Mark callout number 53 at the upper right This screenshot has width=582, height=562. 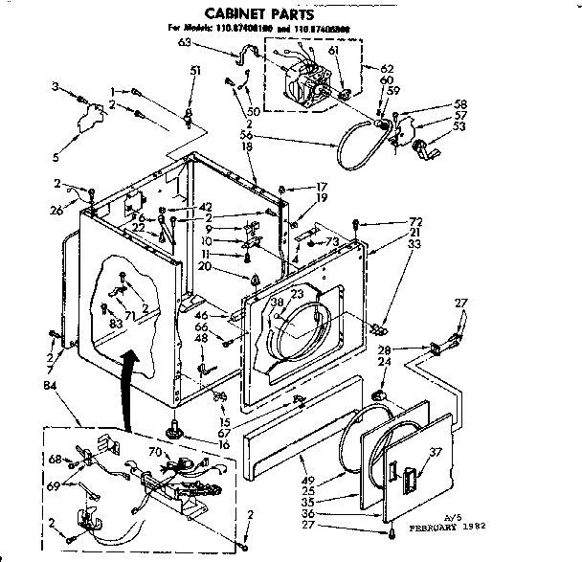coord(460,125)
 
